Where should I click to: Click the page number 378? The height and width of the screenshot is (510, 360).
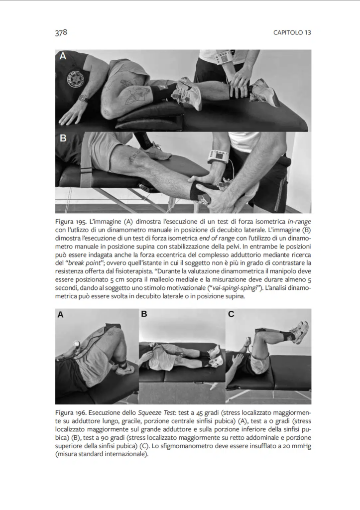tap(61, 32)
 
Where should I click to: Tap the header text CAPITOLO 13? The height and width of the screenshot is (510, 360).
tap(292, 33)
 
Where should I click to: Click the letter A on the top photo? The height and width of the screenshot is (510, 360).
tap(63, 57)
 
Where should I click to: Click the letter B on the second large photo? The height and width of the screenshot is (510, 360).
tap(63, 138)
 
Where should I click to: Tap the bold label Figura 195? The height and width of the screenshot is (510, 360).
tap(71, 221)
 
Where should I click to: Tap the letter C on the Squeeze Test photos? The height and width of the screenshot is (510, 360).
tap(231, 314)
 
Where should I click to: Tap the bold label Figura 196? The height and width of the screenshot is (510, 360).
tap(71, 413)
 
